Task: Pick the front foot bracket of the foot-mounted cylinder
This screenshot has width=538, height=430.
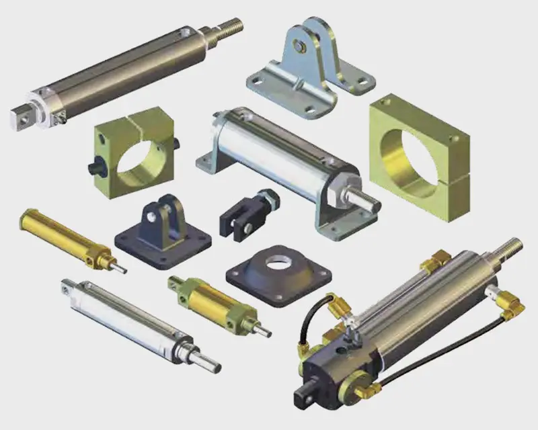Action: tap(336, 225)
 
